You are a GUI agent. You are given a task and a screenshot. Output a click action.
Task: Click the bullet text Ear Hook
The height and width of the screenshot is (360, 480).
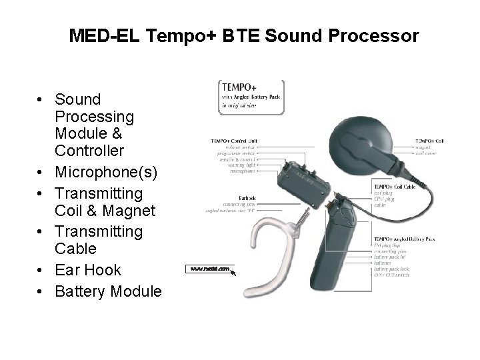click(x=88, y=270)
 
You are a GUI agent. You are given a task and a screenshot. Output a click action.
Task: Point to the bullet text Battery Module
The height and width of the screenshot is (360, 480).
click(x=109, y=291)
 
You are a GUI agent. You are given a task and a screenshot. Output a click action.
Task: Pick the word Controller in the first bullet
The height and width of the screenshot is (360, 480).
click(x=90, y=151)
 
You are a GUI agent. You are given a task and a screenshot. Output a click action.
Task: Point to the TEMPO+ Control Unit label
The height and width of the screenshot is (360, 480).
click(x=235, y=141)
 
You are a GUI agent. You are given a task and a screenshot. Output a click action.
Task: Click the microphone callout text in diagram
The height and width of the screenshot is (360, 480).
click(x=244, y=171)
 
